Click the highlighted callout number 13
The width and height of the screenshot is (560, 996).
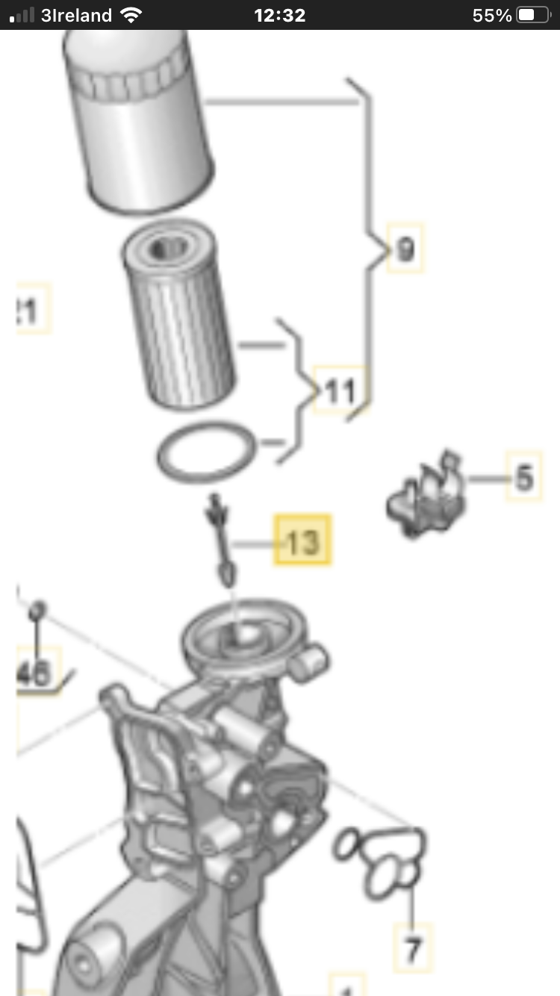(302, 540)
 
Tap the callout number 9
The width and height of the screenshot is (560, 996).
(405, 247)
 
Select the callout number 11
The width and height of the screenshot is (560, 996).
(340, 390)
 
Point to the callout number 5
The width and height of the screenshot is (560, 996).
(524, 476)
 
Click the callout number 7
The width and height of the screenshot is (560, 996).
(413, 949)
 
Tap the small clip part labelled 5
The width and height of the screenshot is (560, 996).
(426, 497)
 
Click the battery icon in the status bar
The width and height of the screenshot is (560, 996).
(532, 15)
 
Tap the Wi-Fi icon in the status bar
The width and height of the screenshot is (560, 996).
(131, 15)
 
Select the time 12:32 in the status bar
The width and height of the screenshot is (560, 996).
(279, 15)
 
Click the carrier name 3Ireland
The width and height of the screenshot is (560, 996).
(76, 15)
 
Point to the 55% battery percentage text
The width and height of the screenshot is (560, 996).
(492, 15)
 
